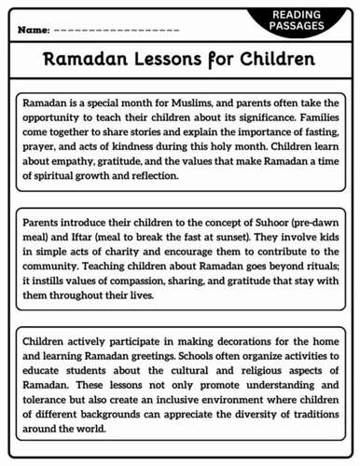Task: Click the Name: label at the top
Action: [x=33, y=31]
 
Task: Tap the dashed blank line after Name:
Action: [x=117, y=31]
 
